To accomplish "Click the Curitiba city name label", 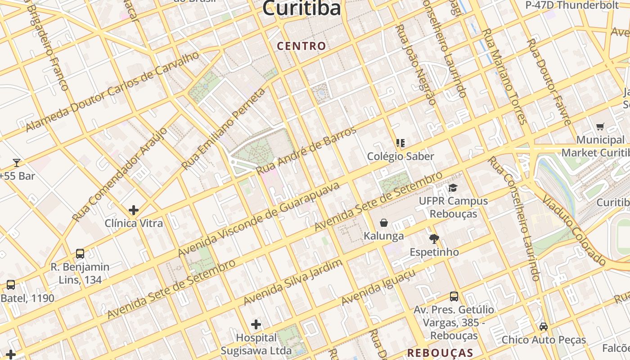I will [301, 8].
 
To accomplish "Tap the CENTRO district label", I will [301, 46].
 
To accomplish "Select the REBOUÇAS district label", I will [440, 353].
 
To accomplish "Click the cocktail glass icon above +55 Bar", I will [17, 162].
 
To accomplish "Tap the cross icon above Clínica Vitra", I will [134, 210].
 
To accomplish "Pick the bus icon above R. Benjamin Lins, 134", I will [80, 254].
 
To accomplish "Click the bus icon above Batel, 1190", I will [10, 285].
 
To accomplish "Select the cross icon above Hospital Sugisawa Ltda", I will [256, 324].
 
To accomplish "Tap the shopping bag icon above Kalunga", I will [384, 223].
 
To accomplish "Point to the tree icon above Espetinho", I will [434, 238].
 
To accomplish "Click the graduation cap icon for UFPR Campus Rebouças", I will [453, 188].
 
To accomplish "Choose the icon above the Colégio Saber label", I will [400, 144].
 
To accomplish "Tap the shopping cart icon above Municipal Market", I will [600, 126].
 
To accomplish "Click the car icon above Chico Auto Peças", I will [544, 326].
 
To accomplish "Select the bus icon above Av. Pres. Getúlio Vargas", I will [454, 297].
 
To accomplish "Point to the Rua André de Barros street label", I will [306, 151].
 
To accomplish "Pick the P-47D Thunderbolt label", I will [572, 5].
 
